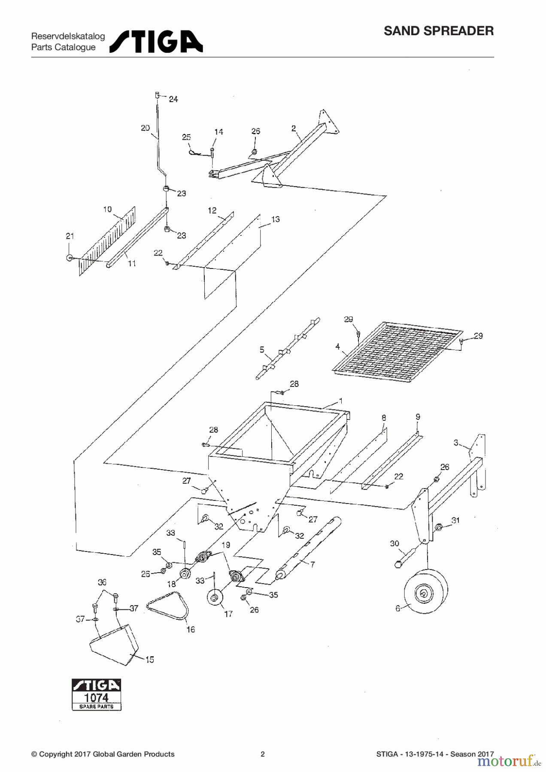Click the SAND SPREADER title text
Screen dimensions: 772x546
(438, 31)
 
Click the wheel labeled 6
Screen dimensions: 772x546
(425, 592)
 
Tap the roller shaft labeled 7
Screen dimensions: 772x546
(308, 549)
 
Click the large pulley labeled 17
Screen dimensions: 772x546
(214, 597)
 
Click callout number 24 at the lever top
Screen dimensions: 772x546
(173, 99)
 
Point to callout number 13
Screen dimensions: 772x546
(275, 219)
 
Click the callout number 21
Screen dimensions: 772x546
(70, 236)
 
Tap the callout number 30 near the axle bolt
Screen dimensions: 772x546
(394, 544)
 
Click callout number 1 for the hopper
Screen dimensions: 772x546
(340, 401)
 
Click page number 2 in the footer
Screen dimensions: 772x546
(263, 754)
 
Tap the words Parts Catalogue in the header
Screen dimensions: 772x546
(64, 47)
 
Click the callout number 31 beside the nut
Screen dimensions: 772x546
(455, 520)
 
